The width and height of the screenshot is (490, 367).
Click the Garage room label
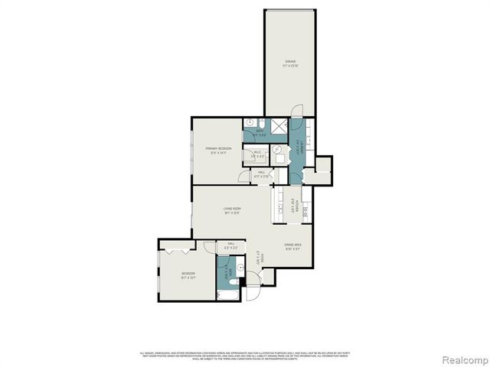pos(289,63)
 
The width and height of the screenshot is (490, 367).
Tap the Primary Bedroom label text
pos(218,150)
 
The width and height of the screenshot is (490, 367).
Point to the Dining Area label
pos(293,246)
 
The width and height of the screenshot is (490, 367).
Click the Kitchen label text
pos(294,204)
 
